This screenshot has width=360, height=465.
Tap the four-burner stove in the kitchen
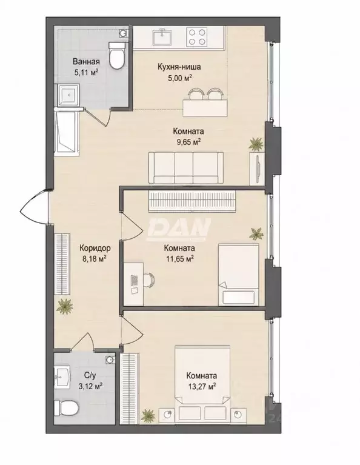click(x=197, y=37)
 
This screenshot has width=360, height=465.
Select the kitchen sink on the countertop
click(x=162, y=37)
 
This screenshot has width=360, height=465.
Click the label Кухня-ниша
click(x=179, y=67)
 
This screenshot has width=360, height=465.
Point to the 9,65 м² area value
click(x=187, y=142)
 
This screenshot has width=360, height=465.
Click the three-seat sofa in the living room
click(x=185, y=168)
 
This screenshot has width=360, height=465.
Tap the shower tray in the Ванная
click(x=69, y=95)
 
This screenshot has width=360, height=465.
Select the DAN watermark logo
click(x=179, y=229)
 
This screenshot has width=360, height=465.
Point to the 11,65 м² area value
click(x=180, y=259)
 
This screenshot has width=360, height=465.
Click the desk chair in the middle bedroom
click(x=149, y=280)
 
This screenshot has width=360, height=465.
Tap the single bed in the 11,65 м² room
click(x=238, y=275)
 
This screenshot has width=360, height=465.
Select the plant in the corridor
click(x=65, y=307)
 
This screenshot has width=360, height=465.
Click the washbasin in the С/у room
click(x=62, y=376)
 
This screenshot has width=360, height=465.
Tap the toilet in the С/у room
click(x=67, y=409)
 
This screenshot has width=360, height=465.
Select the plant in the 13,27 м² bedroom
click(x=148, y=415)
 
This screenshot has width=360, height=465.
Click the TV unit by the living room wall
click(x=258, y=169)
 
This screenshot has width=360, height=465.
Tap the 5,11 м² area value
click(x=86, y=73)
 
